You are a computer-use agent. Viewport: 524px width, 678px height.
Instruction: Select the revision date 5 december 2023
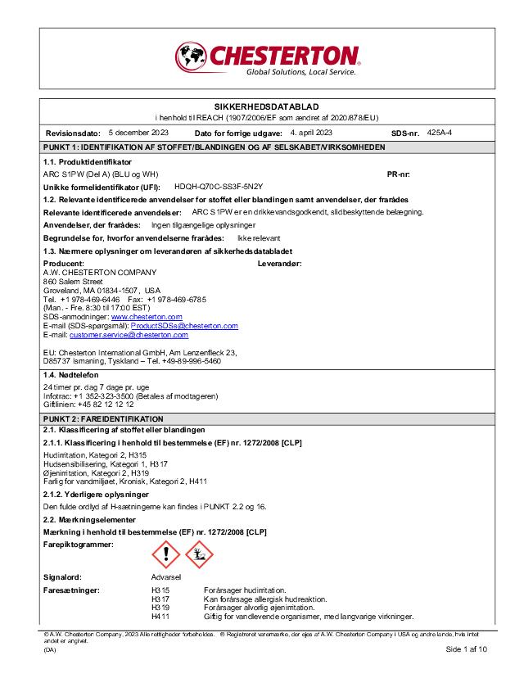point(138,132)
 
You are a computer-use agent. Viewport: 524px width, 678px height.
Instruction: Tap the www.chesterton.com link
point(147,316)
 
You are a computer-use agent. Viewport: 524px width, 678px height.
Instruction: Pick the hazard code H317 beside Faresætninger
point(160,599)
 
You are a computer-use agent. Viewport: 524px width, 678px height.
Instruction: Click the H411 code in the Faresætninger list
point(160,616)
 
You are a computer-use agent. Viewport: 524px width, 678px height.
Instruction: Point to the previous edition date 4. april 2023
point(311,132)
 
